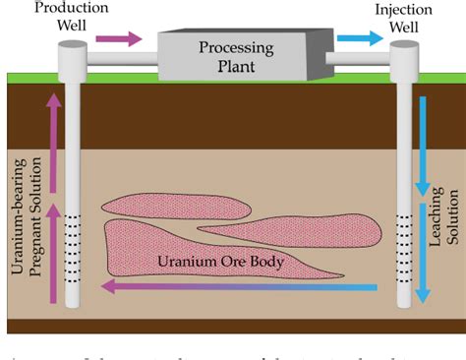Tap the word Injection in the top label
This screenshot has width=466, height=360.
(403, 8)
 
